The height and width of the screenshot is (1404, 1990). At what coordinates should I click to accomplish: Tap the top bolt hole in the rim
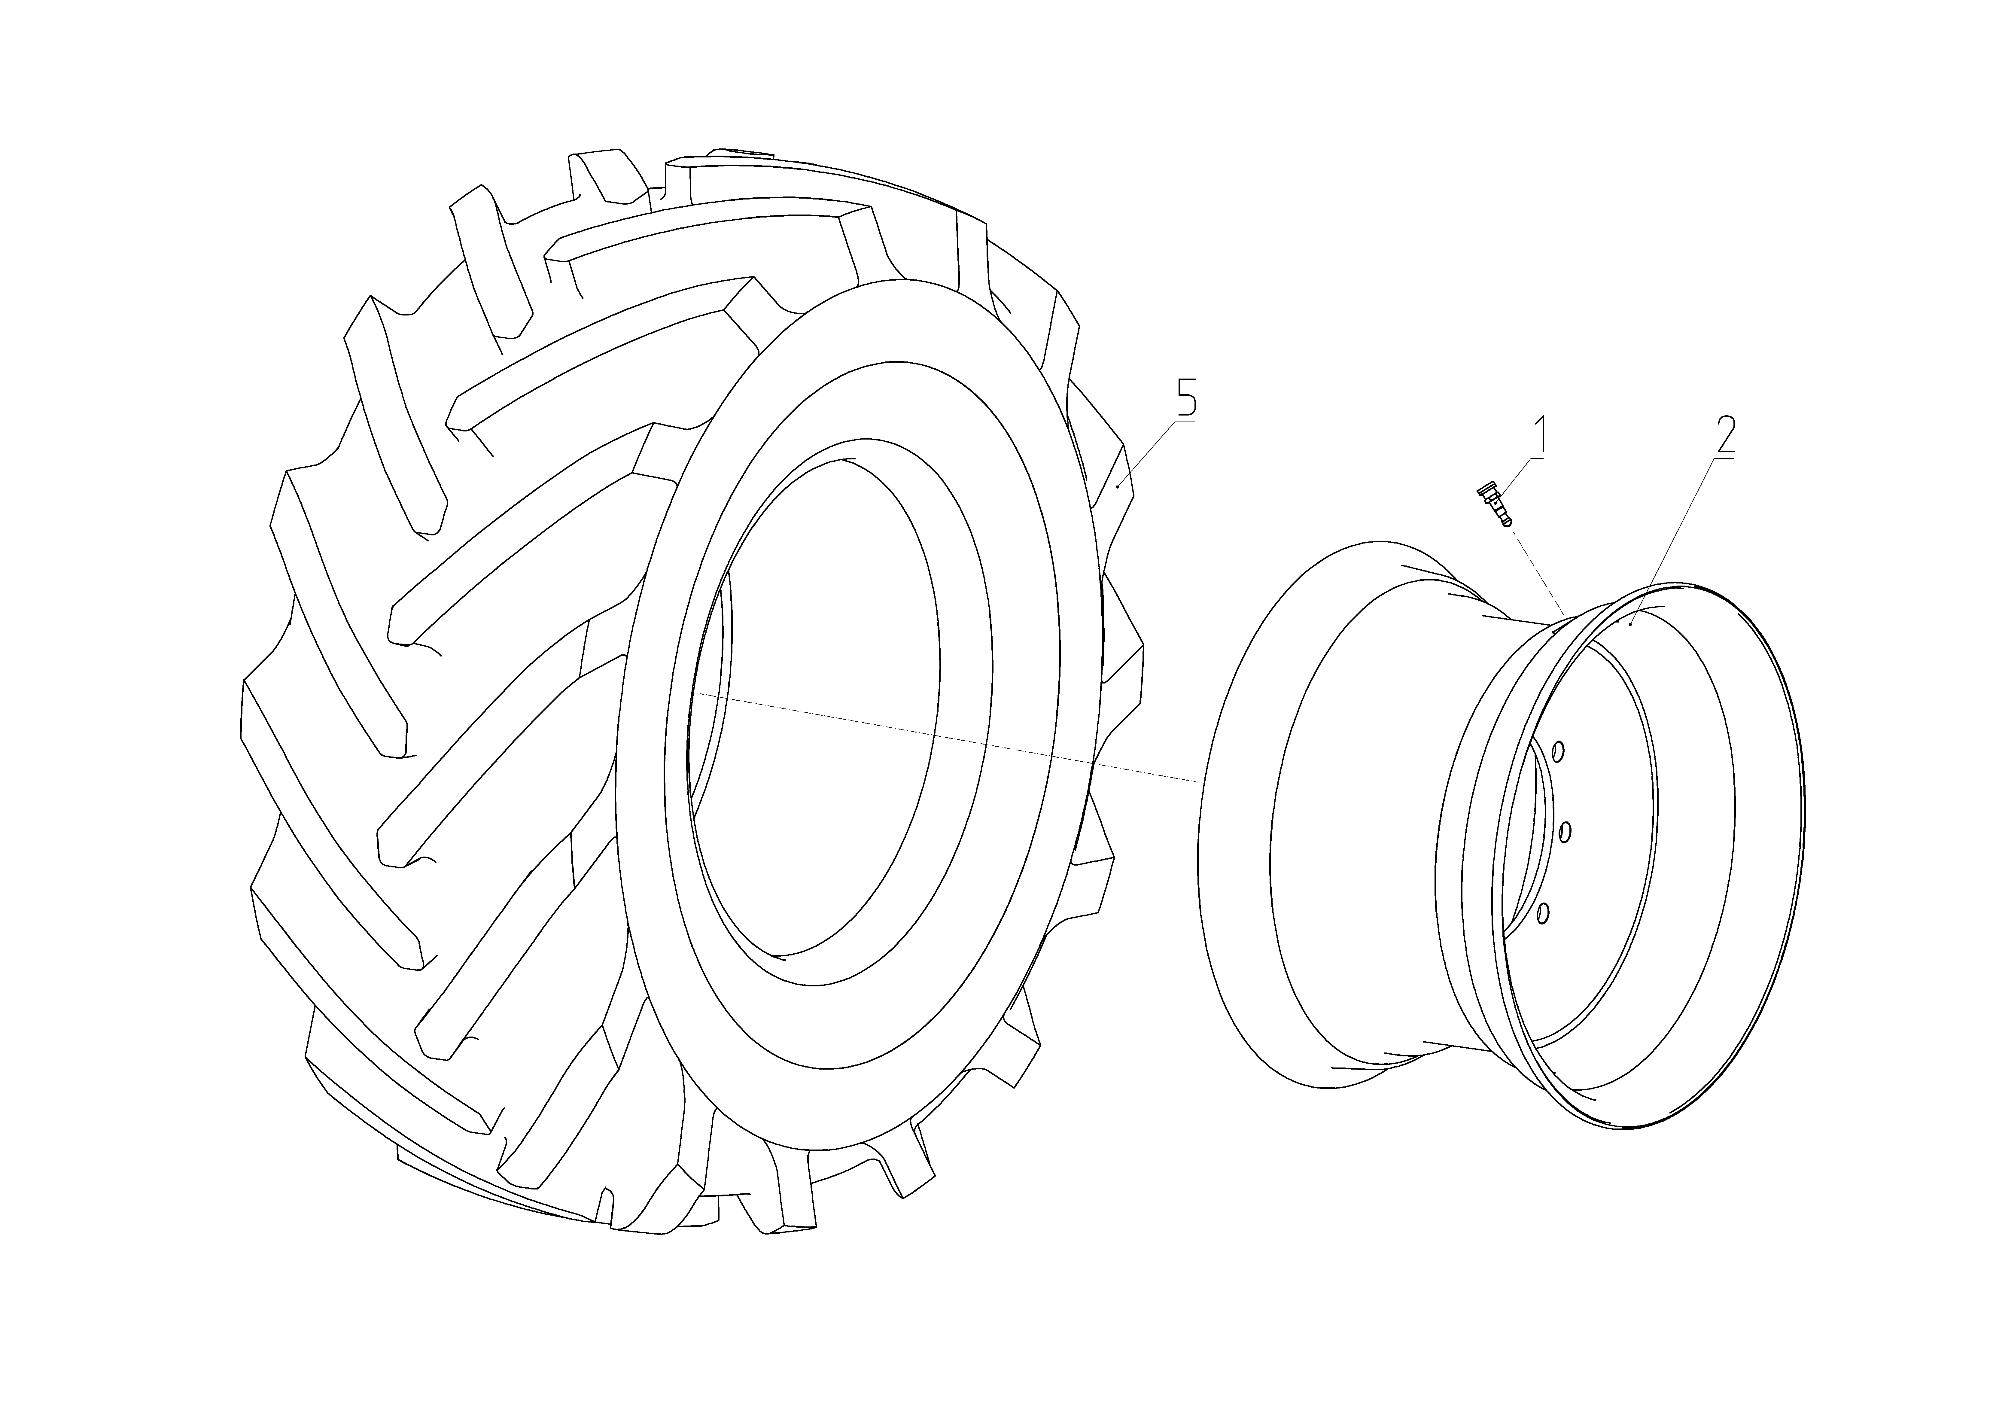1557,751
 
